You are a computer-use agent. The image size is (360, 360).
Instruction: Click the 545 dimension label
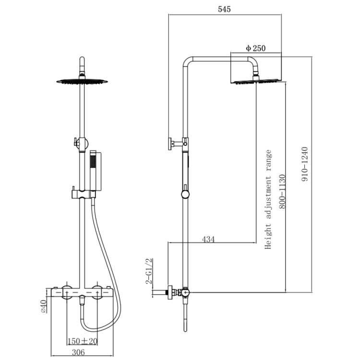tap(224, 9)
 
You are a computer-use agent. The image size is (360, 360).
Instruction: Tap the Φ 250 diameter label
tap(255, 48)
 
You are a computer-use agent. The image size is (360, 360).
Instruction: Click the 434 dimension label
tap(208, 239)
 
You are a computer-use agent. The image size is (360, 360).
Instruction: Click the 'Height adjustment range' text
tap(268, 199)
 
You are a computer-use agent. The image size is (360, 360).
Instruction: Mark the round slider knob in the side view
tap(184, 194)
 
